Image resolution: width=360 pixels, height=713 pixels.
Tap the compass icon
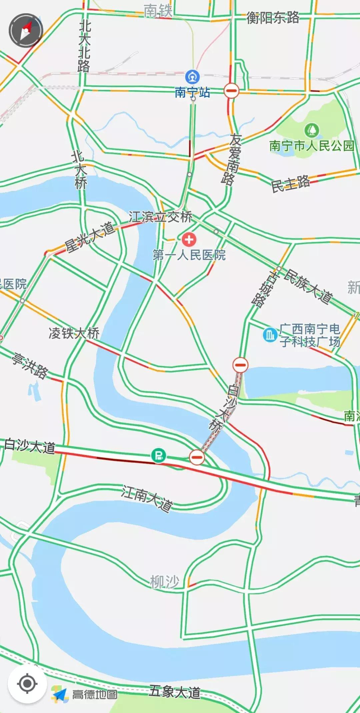(x=26, y=30)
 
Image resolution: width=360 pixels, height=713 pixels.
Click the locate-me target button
(x=27, y=684)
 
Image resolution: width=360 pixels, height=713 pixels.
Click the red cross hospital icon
(x=189, y=239)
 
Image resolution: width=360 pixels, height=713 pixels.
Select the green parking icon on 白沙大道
(x=159, y=455)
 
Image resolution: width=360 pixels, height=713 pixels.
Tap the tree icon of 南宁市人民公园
(x=312, y=130)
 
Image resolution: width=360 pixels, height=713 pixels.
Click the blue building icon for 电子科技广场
(x=270, y=334)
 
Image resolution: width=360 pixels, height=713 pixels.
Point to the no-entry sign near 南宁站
(x=231, y=90)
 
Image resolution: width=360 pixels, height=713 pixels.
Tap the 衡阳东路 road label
(x=273, y=17)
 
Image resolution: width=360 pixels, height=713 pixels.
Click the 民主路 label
(x=290, y=184)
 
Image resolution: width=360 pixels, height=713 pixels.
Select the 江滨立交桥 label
(x=161, y=217)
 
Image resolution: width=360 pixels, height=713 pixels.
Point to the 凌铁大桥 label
(x=74, y=333)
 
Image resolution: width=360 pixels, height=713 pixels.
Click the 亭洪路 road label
(x=30, y=366)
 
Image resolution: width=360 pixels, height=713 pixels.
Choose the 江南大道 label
(x=147, y=498)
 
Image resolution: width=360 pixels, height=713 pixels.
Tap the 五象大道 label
(x=175, y=692)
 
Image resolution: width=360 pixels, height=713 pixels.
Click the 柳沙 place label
(x=165, y=582)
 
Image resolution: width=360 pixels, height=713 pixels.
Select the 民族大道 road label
(x=309, y=287)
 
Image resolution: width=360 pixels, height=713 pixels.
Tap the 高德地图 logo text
(x=95, y=694)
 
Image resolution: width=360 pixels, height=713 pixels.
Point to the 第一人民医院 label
(x=189, y=255)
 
